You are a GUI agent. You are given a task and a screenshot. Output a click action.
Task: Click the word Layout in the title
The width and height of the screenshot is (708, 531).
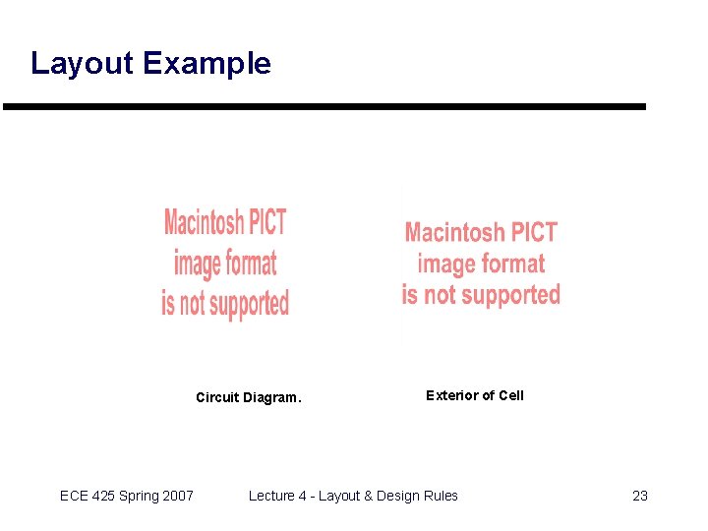(x=82, y=64)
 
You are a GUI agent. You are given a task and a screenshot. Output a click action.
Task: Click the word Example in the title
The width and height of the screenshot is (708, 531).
(x=206, y=64)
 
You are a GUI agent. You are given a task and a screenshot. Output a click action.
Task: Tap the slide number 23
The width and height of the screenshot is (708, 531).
(x=640, y=496)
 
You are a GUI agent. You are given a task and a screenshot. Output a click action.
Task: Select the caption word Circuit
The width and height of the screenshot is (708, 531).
(x=217, y=398)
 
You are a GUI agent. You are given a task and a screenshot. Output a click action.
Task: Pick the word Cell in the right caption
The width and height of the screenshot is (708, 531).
(x=511, y=395)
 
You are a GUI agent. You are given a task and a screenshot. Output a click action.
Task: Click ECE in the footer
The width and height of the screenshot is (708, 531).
(x=74, y=496)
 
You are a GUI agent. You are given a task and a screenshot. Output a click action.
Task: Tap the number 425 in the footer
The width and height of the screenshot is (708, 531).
(x=105, y=496)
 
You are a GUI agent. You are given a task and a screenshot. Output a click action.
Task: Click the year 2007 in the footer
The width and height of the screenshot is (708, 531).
(x=179, y=496)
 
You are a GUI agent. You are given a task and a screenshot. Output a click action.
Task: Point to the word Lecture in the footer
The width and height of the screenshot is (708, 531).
(x=271, y=496)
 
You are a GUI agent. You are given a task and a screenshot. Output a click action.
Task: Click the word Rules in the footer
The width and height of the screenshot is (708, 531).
(x=440, y=496)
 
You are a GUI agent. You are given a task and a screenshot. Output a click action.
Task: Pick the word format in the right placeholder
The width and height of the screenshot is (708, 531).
(x=511, y=264)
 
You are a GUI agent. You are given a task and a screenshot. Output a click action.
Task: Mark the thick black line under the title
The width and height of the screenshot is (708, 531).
(x=324, y=106)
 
